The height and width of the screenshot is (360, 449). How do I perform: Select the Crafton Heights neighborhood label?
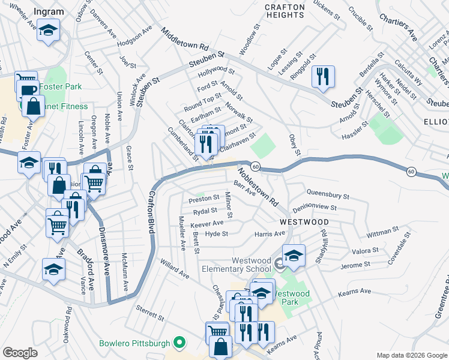(285, 11)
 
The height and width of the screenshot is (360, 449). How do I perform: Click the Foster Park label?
(65, 87)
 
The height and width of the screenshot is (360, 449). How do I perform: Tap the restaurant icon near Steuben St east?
(324, 76)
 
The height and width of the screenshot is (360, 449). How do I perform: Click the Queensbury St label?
(327, 195)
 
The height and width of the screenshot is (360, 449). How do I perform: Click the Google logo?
(21, 353)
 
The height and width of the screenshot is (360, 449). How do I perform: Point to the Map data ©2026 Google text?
(411, 355)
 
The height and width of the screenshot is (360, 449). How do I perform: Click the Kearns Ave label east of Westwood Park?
(354, 292)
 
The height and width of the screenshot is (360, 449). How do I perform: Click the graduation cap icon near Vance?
(53, 269)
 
